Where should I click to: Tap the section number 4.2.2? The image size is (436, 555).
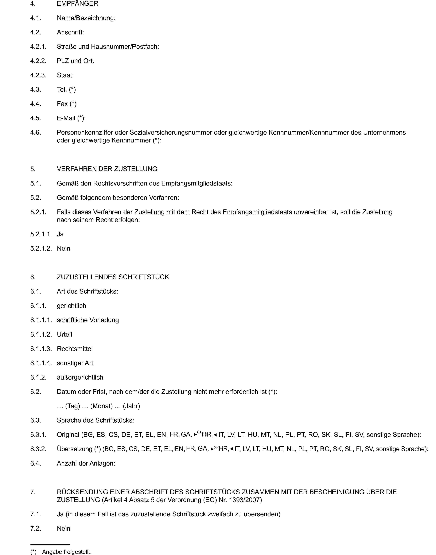(x=38, y=61)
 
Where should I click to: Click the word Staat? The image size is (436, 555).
(x=65, y=75)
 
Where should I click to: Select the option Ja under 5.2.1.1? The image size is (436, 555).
(x=60, y=234)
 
